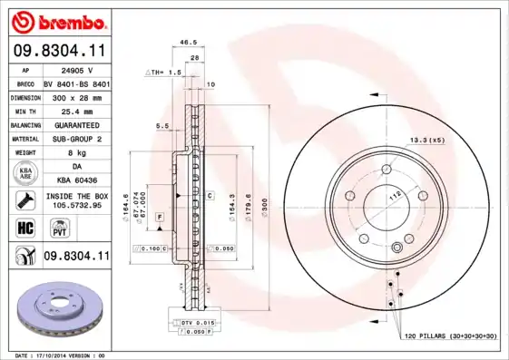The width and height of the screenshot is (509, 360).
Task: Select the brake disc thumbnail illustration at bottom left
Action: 56,306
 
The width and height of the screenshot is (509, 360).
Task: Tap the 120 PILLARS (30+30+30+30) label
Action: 450,336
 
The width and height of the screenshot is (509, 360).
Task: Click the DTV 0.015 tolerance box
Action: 196,322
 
